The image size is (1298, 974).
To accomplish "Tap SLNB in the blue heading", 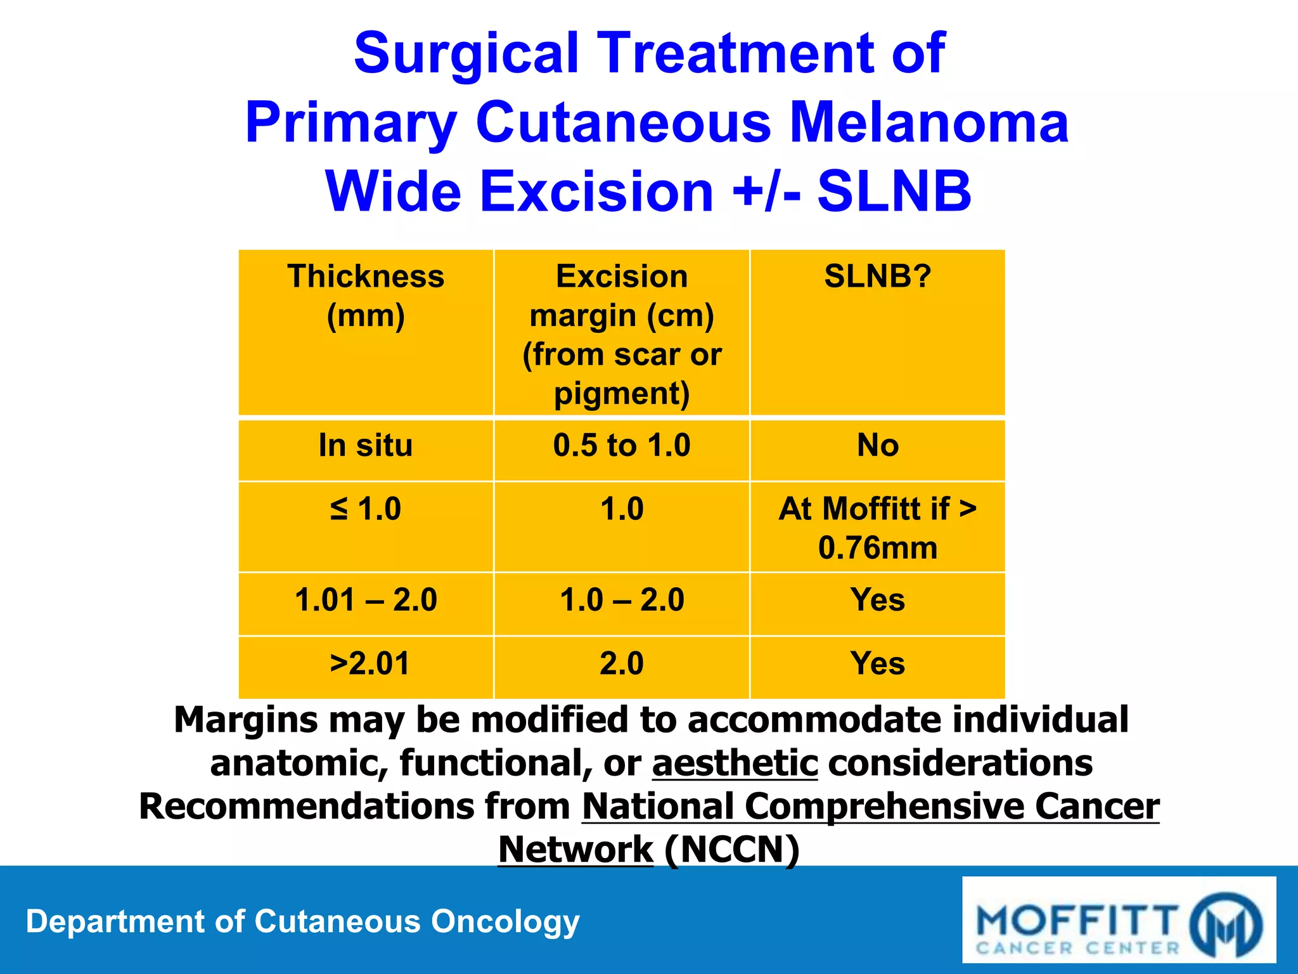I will (x=894, y=192).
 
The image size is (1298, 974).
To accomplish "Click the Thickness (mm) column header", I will (x=366, y=295).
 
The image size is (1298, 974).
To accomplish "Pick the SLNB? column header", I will (x=877, y=277).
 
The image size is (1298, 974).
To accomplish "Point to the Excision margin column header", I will (x=621, y=334).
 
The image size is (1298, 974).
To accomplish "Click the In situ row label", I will (x=366, y=445).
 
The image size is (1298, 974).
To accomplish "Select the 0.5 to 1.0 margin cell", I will (x=621, y=445).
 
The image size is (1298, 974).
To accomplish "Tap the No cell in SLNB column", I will (x=877, y=445).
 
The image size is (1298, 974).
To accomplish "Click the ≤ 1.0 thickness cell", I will (x=366, y=509).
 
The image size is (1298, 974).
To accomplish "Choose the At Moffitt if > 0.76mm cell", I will (x=877, y=528).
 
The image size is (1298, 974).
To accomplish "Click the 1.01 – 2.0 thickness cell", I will (x=366, y=600).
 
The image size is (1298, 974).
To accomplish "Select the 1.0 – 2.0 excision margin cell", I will (x=621, y=600).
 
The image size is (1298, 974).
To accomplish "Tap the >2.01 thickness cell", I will (x=369, y=664).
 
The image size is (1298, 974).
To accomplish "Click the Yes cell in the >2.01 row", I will (x=877, y=664).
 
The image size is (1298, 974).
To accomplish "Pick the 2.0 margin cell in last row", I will (x=621, y=664).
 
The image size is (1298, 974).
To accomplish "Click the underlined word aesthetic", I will (x=735, y=763).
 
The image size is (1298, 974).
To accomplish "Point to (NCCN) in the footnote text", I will (x=732, y=850).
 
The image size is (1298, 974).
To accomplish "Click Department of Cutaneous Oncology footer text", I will (x=302, y=921).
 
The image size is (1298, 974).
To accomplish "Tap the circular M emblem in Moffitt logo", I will (x=1224, y=925).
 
